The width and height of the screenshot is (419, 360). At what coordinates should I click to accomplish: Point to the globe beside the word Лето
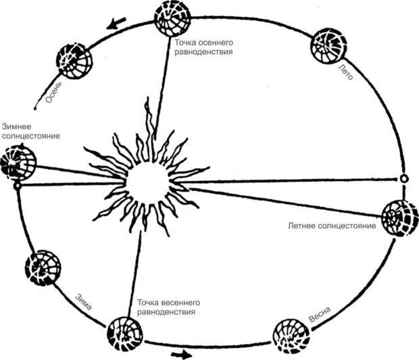click(329, 47)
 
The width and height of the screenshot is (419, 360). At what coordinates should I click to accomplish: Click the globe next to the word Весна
click(292, 336)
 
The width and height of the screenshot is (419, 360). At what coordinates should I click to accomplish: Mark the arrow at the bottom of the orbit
click(181, 353)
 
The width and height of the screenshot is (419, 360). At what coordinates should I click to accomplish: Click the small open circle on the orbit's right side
click(403, 179)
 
